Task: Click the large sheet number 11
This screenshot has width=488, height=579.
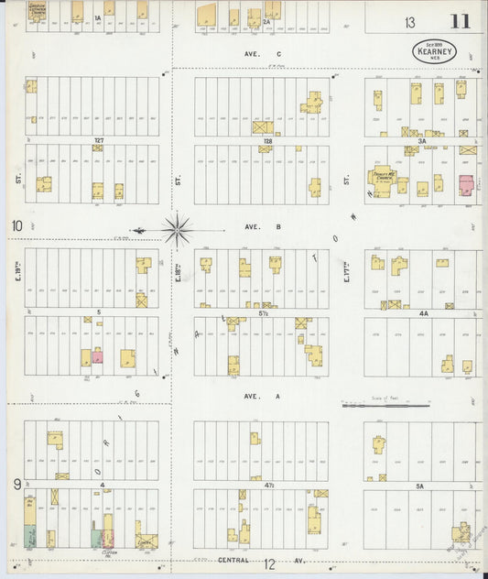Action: tap(459, 21)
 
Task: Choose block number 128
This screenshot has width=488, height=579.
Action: tap(267, 141)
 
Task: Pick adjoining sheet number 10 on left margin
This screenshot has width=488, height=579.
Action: tap(16, 225)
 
